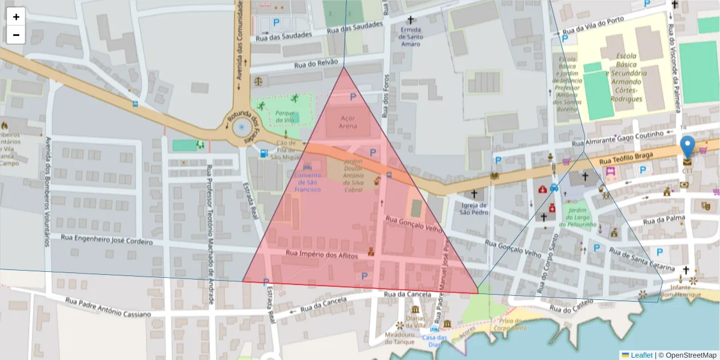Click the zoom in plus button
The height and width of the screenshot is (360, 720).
click(16, 17)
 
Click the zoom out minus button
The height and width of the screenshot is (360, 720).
click(16, 35)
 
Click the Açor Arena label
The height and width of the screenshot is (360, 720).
click(348, 122)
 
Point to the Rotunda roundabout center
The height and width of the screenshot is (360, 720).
click(241, 127)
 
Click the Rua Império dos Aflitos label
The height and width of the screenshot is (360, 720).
click(322, 254)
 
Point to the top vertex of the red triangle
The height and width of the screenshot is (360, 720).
click(344, 67)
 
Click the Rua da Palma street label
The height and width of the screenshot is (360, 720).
click(664, 220)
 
